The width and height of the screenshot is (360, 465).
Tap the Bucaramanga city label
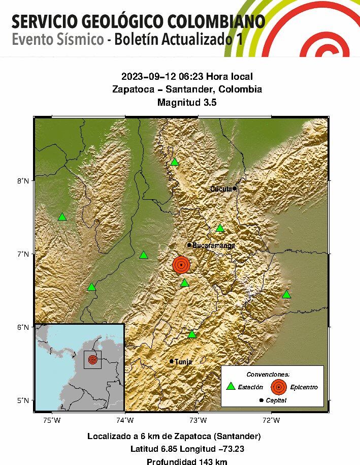coord(213,245)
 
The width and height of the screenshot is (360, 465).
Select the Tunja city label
coord(183,362)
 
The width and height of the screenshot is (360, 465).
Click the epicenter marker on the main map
coord(181,265)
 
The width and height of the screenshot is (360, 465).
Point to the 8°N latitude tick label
coord(24,181)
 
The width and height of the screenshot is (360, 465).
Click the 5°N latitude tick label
coord(24,400)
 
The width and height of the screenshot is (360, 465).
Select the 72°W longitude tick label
coord(271,420)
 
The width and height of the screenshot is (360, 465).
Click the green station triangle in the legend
coord(231,386)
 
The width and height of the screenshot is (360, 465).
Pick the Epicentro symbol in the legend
coord(278,387)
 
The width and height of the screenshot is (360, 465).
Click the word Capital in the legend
coord(276,400)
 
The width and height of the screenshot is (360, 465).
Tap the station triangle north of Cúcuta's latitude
coord(175,162)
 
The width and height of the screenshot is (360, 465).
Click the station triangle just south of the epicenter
coord(184,283)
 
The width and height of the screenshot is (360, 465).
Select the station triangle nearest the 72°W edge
coord(286,294)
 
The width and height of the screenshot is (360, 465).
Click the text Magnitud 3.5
coord(187,102)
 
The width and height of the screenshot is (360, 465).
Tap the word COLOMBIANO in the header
coord(219,22)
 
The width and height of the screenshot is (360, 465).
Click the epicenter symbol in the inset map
coord(92,359)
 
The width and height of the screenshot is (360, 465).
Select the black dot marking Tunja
coord(172,361)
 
